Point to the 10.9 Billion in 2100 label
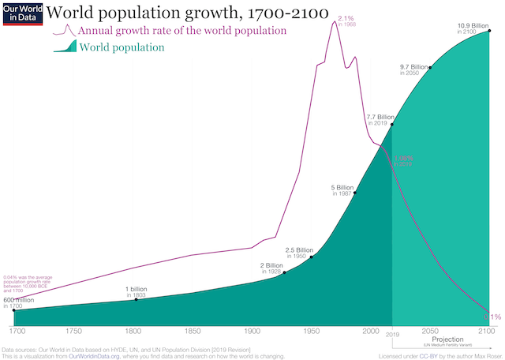[473, 28]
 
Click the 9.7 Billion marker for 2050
[430, 68]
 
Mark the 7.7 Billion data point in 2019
[392, 125]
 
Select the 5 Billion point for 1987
[355, 192]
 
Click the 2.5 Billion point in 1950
[312, 257]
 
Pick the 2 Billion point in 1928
[285, 272]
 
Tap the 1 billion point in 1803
[137, 299]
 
